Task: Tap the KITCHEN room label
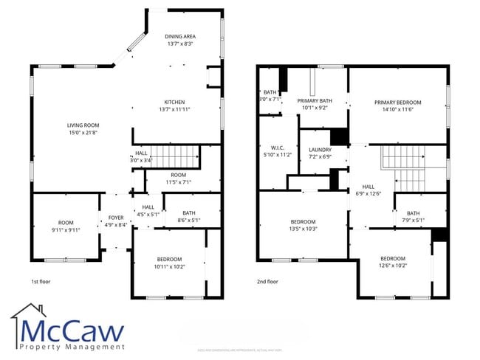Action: pyautogui.click(x=174, y=102)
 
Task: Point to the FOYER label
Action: pyautogui.click(x=116, y=218)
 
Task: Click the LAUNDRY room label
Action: pyautogui.click(x=320, y=149)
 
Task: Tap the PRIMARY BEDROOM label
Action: pyautogui.click(x=397, y=103)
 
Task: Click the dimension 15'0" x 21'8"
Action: pyautogui.click(x=83, y=133)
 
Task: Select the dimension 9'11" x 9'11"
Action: pyautogui.click(x=66, y=229)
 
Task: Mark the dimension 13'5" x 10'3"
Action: pyautogui.click(x=303, y=229)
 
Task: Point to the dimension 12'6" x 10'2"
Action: pyautogui.click(x=393, y=266)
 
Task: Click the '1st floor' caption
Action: pyautogui.click(x=41, y=282)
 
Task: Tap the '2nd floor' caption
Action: pyautogui.click(x=267, y=282)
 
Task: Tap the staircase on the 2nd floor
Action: pyautogui.click(x=403, y=167)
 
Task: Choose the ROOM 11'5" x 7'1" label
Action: pyautogui.click(x=177, y=179)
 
